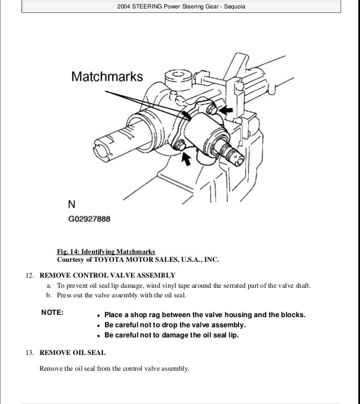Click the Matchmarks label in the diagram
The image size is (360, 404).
click(107, 76)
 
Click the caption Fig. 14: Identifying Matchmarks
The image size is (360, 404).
click(106, 251)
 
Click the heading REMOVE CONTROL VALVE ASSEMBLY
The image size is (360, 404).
click(107, 275)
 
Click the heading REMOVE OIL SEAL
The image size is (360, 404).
click(72, 353)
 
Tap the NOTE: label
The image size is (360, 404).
click(53, 312)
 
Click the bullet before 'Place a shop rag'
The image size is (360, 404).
click(98, 315)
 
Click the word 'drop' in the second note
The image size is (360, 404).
click(171, 325)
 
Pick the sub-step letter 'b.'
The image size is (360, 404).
click(49, 295)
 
